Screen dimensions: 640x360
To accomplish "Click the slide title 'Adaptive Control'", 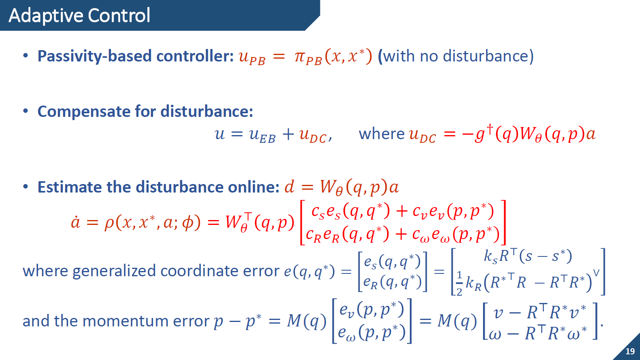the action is (79, 15).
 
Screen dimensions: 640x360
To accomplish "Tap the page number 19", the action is (630, 351).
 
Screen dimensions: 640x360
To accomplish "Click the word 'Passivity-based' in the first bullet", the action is (95, 56).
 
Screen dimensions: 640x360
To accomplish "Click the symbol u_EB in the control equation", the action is (262, 135).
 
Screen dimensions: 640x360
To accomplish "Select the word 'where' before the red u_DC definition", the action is (382, 134).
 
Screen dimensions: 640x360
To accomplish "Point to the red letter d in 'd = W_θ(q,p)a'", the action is (289, 187).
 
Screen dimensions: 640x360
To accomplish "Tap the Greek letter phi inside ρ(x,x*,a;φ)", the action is (188, 222).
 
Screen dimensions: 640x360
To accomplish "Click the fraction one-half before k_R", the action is (459, 284).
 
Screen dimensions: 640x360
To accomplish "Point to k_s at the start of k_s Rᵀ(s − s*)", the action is (491, 256).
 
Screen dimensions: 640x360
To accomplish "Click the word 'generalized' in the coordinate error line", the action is (114, 271).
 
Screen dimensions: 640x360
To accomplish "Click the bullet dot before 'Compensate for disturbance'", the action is (26, 111).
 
